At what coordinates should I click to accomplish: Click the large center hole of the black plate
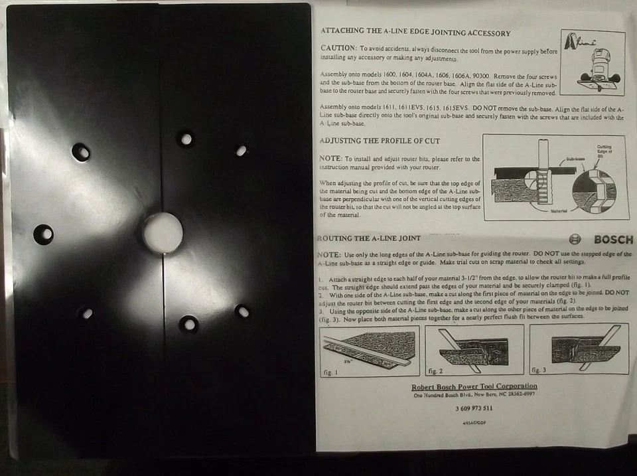tap(163, 233)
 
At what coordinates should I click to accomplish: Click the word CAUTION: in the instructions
tap(339, 48)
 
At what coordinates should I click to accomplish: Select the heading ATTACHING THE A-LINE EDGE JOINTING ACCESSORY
tap(415, 32)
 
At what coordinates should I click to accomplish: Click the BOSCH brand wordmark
tap(613, 240)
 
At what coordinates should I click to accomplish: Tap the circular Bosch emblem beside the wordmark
tap(575, 240)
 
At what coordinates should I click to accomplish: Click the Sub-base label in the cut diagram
tap(557, 160)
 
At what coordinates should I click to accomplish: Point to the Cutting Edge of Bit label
tap(604, 151)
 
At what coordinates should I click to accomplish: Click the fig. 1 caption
tap(330, 372)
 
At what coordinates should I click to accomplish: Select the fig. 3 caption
tap(539, 369)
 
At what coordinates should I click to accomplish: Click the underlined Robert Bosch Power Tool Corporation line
tap(474, 386)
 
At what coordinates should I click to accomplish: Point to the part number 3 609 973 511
tap(474, 408)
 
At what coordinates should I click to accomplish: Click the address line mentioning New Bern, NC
tap(474, 395)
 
